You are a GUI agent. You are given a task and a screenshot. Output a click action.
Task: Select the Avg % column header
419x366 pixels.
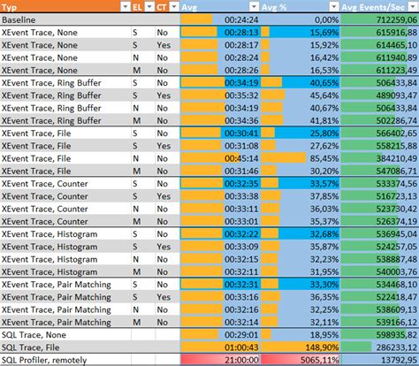click(301, 5)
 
